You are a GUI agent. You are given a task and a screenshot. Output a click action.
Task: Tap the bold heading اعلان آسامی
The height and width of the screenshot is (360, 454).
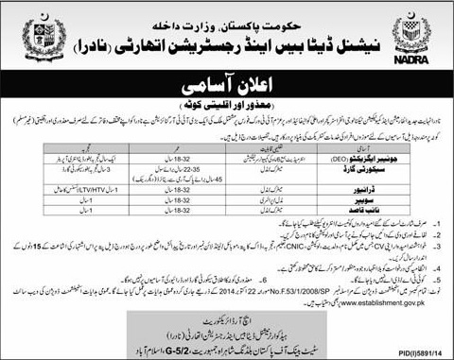(227, 78)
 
